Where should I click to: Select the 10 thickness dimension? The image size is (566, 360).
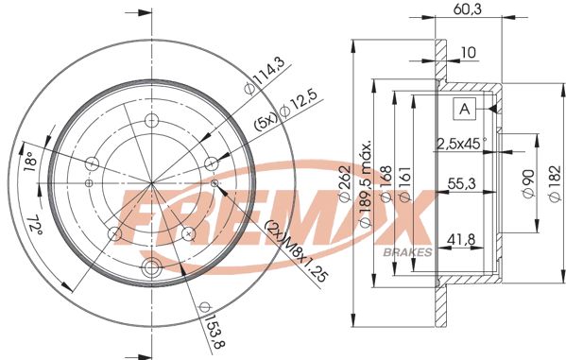point(468,52)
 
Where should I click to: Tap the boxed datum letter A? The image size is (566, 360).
point(465,110)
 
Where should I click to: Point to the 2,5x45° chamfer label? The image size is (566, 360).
point(460,144)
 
